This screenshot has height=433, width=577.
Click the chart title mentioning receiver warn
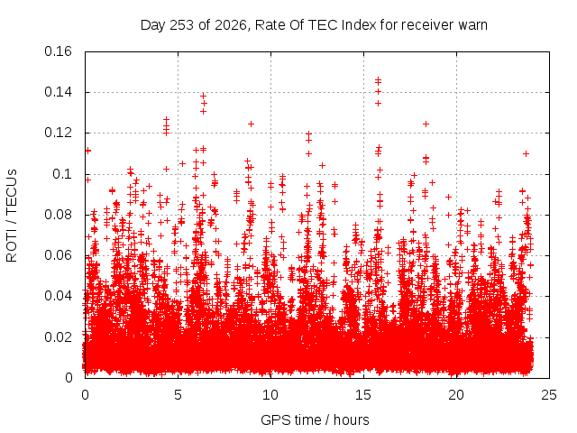coord(314,25)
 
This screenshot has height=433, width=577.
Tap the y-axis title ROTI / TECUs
coord(12,216)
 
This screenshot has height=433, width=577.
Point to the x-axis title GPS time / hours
coord(315,419)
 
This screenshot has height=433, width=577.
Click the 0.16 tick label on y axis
coord(58,51)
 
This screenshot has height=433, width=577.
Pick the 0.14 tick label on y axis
coord(58,92)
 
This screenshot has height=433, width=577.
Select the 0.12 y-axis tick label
coord(58,133)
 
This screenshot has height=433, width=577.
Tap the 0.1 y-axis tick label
coord(62,174)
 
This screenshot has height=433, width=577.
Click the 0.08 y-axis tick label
coord(58,215)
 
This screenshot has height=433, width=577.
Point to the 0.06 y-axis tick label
coord(58,255)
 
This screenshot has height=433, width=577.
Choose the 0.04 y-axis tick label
coord(58,296)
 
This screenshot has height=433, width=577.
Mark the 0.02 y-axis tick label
coord(58,336)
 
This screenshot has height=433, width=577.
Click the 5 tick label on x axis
coord(179,395)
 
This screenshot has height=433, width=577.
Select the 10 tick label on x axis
coord(270,395)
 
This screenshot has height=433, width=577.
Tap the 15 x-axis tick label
coord(363,395)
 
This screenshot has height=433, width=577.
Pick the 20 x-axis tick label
coord(456,395)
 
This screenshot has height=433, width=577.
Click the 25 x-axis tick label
coord(549,395)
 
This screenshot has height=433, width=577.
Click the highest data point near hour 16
coord(378,79)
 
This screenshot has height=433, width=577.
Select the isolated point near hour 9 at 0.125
coord(251,124)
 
